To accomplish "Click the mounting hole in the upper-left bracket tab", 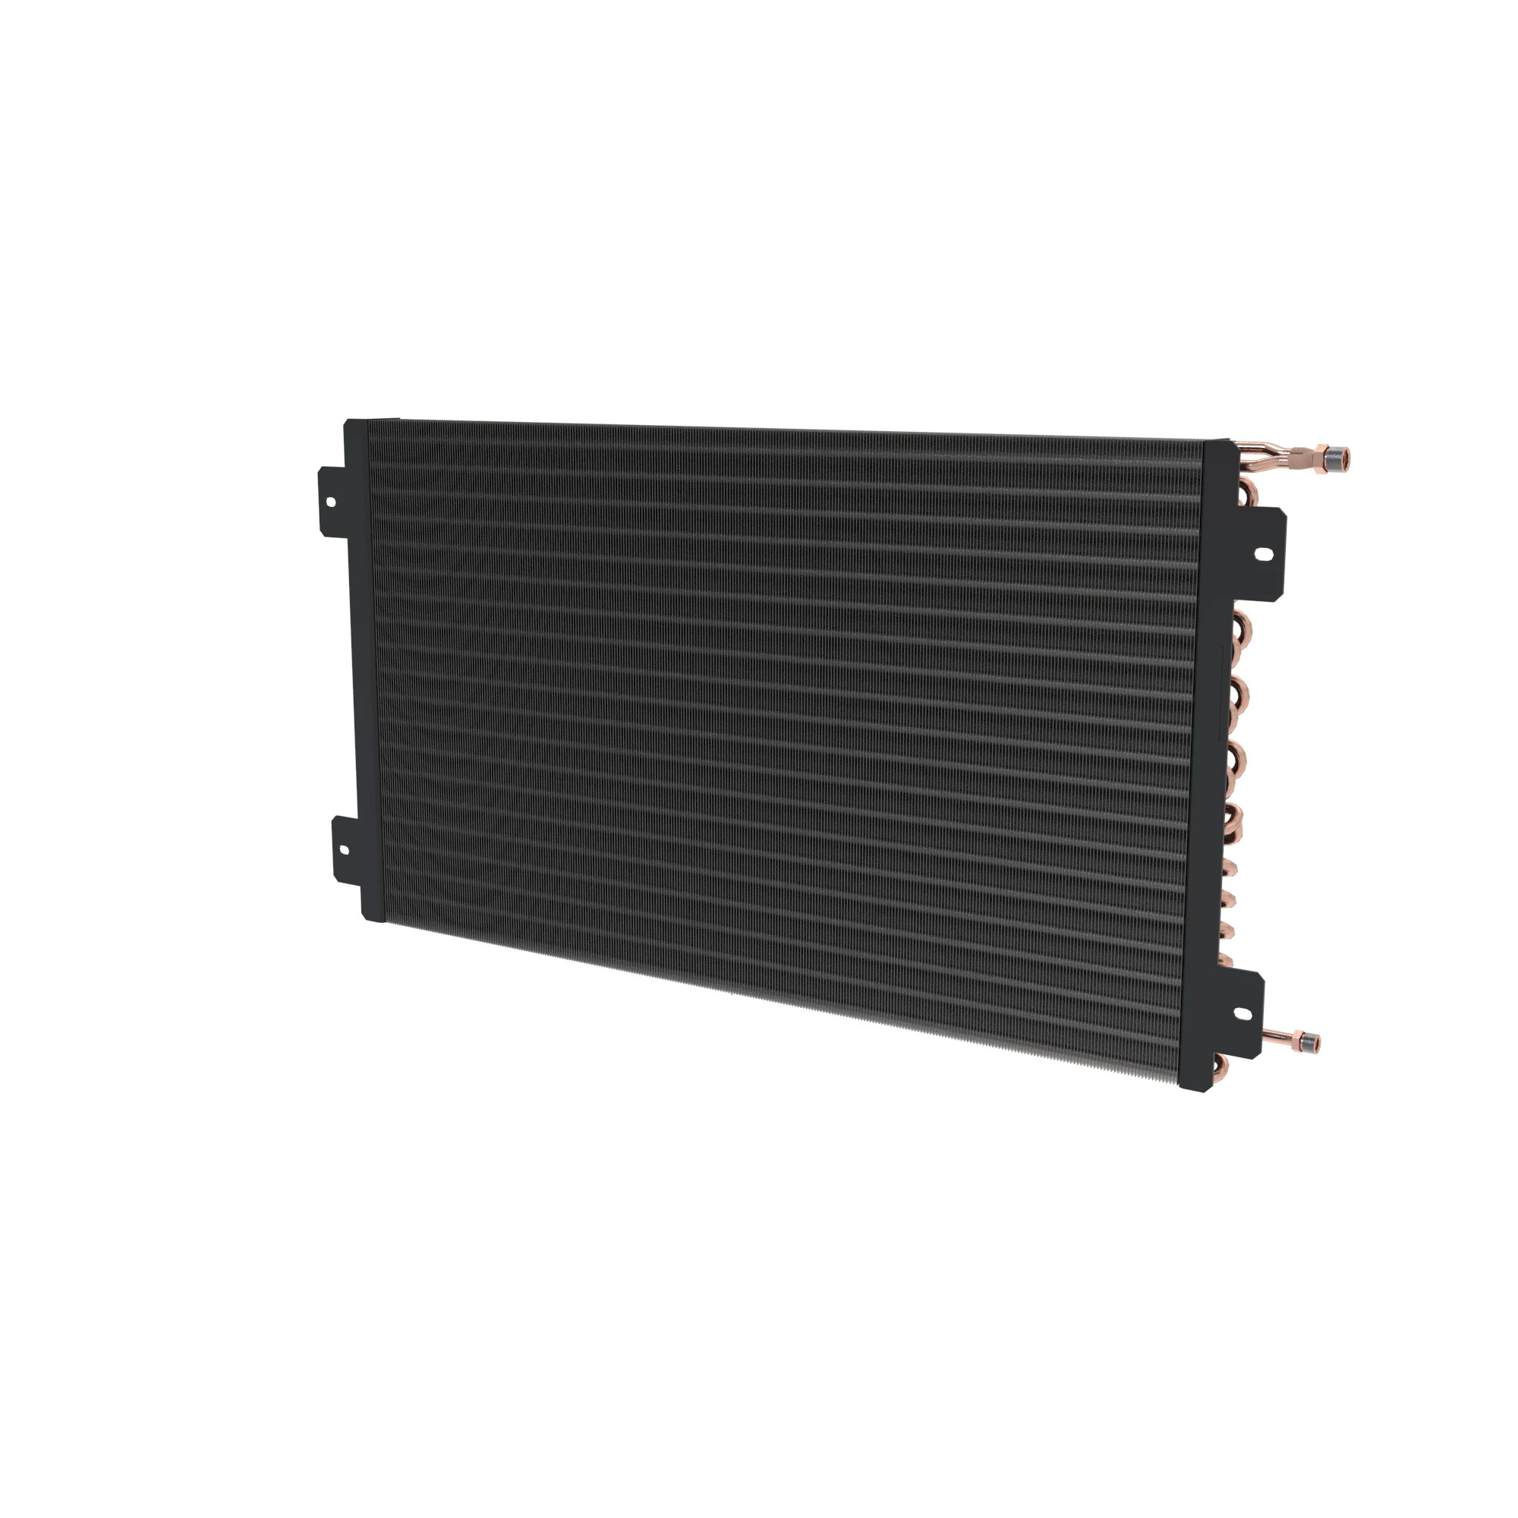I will [x=330, y=501].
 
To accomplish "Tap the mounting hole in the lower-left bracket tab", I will [x=343, y=849].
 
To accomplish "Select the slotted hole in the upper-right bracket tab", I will [x=1264, y=554].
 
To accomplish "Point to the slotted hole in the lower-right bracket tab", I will [x=1242, y=1014].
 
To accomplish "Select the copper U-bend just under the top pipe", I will [x=1247, y=493].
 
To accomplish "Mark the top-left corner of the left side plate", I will [x=348, y=421].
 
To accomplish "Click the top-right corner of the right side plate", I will [x=1228, y=441].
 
